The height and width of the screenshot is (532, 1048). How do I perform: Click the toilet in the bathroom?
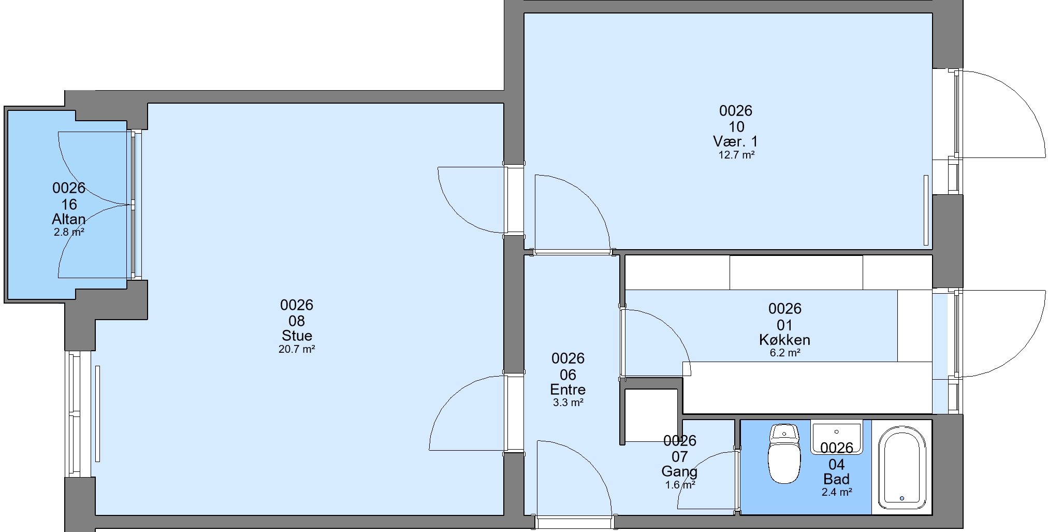click(784, 453)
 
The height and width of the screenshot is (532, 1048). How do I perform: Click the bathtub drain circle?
click(902, 498)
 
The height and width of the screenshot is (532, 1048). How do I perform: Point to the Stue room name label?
click(297, 335)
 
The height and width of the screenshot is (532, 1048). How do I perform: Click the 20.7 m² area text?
click(297, 349)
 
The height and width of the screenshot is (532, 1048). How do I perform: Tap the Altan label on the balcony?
click(69, 219)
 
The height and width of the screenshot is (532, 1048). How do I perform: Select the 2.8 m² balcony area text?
click(69, 232)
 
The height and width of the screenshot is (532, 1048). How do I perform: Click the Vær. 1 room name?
click(736, 141)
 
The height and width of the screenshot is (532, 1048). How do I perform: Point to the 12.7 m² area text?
click(736, 154)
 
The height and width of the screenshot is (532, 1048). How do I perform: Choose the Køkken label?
click(785, 340)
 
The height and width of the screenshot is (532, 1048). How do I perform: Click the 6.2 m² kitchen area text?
click(785, 353)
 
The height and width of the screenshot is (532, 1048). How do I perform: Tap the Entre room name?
click(568, 390)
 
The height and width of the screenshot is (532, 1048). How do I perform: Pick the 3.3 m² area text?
click(568, 402)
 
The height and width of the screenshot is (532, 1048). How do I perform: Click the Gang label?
click(679, 472)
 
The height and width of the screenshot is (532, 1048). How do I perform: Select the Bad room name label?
click(836, 479)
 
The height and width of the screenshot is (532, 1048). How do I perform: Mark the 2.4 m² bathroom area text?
click(837, 492)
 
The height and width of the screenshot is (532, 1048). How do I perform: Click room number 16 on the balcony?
click(69, 204)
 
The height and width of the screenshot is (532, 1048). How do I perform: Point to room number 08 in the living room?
click(297, 321)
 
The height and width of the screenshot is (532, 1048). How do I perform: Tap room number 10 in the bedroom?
click(736, 126)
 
